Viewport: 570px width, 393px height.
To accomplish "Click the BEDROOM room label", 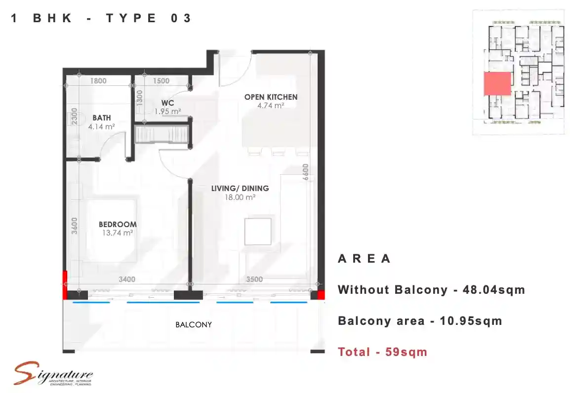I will pos(118,224).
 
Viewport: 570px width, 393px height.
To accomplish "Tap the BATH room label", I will pos(101,118).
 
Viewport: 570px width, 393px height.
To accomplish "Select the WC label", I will pos(167,103).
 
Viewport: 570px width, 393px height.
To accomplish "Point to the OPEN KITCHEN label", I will pos(271,97).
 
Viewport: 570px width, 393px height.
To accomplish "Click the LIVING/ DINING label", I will pos(240,188).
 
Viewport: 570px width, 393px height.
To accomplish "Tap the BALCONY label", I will pos(194,325).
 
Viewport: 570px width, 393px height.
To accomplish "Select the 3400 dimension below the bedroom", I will pos(126,279).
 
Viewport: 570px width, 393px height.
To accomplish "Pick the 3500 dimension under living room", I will pos(254,279).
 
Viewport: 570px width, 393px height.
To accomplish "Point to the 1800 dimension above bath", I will pos(98,81).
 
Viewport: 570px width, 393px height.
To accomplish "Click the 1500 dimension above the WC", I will pos(161,81).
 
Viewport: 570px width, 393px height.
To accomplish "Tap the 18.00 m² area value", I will pos(240,197).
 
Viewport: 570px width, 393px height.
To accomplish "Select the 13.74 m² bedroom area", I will pos(118,233).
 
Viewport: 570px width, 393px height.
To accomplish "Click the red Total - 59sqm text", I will pos(382,352).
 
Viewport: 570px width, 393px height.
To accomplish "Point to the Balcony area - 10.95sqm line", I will pos(420,321).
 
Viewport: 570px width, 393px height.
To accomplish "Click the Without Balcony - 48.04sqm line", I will pos(431,290).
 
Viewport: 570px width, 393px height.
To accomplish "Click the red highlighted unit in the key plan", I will pos(497,84).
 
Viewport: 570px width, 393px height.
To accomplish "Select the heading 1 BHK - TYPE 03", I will pos(101,19).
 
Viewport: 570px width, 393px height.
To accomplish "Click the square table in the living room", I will pos(257,232).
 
